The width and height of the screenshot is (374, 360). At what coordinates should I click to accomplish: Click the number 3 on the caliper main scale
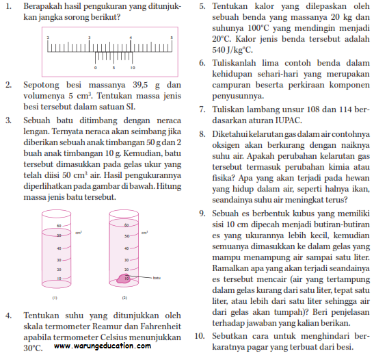[90, 37]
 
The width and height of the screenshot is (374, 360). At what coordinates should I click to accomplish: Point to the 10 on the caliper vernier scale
[133, 68]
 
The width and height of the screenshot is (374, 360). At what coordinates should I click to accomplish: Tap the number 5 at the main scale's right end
[171, 37]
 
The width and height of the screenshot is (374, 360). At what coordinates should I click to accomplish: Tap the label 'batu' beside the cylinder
[157, 278]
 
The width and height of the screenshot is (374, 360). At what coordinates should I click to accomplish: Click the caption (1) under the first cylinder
[54, 298]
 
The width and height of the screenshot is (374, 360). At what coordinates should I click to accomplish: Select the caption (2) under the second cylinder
[124, 298]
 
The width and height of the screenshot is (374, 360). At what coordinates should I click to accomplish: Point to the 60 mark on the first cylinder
[59, 226]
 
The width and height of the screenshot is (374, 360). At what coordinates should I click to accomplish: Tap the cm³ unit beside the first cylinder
[79, 233]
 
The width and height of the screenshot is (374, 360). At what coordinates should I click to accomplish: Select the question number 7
[202, 109]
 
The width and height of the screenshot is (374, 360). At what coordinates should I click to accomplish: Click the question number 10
[199, 336]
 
